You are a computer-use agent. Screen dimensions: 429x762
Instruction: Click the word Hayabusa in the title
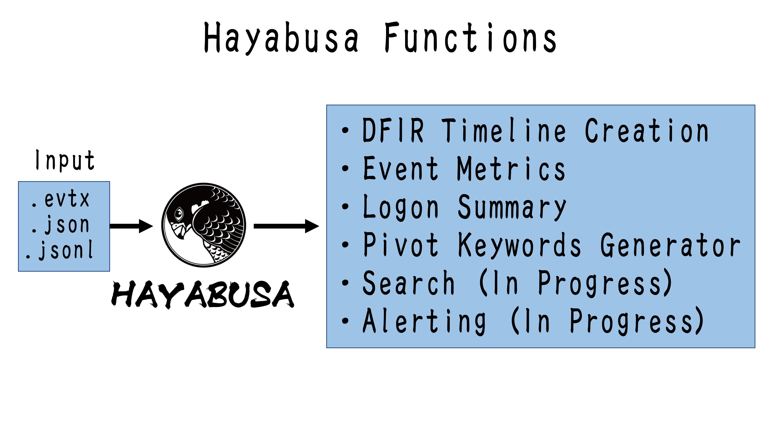point(281,38)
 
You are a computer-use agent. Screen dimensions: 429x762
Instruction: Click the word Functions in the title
point(470,38)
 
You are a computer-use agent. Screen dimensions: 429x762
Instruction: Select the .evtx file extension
point(61,199)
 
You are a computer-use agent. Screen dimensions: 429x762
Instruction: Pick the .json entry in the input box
point(61,225)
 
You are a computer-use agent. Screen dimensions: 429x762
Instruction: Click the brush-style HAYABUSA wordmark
point(203,294)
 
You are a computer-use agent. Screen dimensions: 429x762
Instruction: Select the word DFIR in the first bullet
point(393,131)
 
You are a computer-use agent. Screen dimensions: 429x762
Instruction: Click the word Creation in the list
point(647,131)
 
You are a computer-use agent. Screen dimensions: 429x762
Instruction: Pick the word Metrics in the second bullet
point(511,169)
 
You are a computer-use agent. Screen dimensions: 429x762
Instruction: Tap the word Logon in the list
point(401,207)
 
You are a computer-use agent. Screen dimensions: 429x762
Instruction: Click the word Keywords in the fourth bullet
point(519,245)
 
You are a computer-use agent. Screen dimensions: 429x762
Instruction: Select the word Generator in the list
point(670,245)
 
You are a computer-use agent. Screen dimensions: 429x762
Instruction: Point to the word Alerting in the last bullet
point(424,321)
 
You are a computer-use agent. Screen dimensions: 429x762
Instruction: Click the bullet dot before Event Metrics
point(345,168)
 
